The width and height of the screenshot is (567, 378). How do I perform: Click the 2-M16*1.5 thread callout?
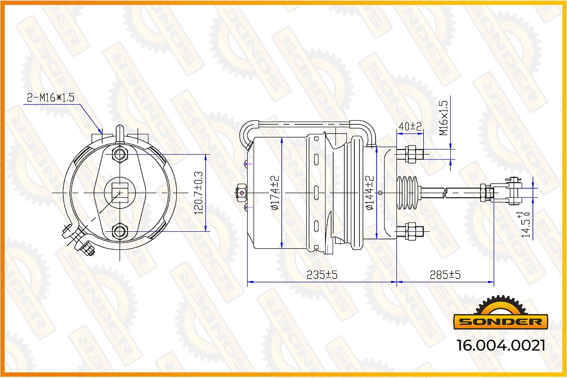[51, 97]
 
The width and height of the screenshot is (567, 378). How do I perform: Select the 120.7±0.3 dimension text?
[198, 193]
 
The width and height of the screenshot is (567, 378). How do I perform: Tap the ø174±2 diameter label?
[275, 193]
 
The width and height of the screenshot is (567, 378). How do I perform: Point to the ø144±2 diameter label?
[370, 193]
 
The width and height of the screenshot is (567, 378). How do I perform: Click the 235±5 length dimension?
[322, 274]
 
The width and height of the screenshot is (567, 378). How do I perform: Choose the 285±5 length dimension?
[445, 274]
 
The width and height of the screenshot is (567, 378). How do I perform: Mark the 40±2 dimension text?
[410, 126]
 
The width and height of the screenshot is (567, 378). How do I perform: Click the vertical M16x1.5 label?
[444, 118]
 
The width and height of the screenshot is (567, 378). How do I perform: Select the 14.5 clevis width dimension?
[525, 225]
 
